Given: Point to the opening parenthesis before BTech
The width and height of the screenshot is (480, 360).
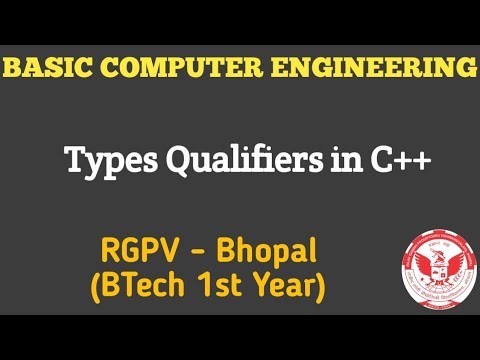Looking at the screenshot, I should pyautogui.click(x=96, y=288).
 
